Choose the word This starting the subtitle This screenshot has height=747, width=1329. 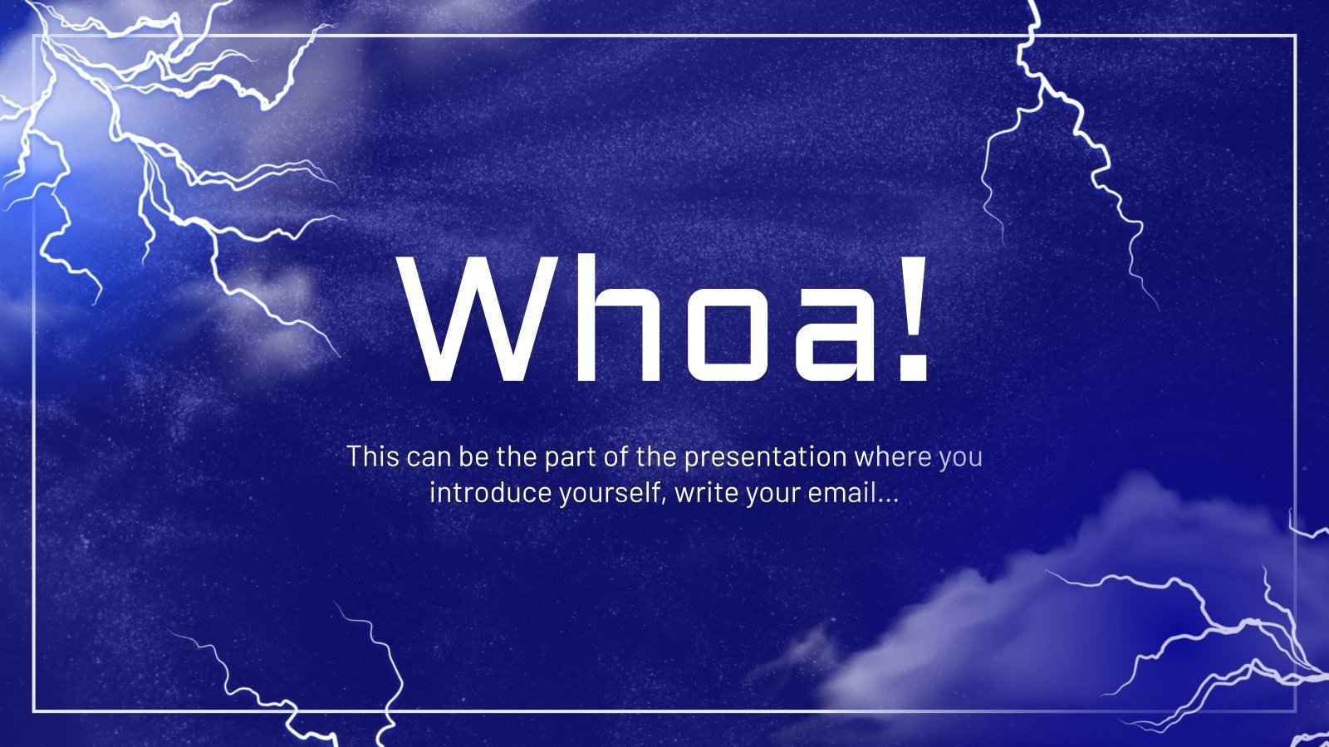click(x=373, y=456)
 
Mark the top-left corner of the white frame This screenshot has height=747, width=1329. click(x=34, y=36)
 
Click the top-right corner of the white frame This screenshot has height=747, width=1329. click(x=1295, y=36)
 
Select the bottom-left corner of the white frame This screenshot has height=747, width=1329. click(x=34, y=711)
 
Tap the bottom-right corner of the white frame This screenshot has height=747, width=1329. click(x=1295, y=711)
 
